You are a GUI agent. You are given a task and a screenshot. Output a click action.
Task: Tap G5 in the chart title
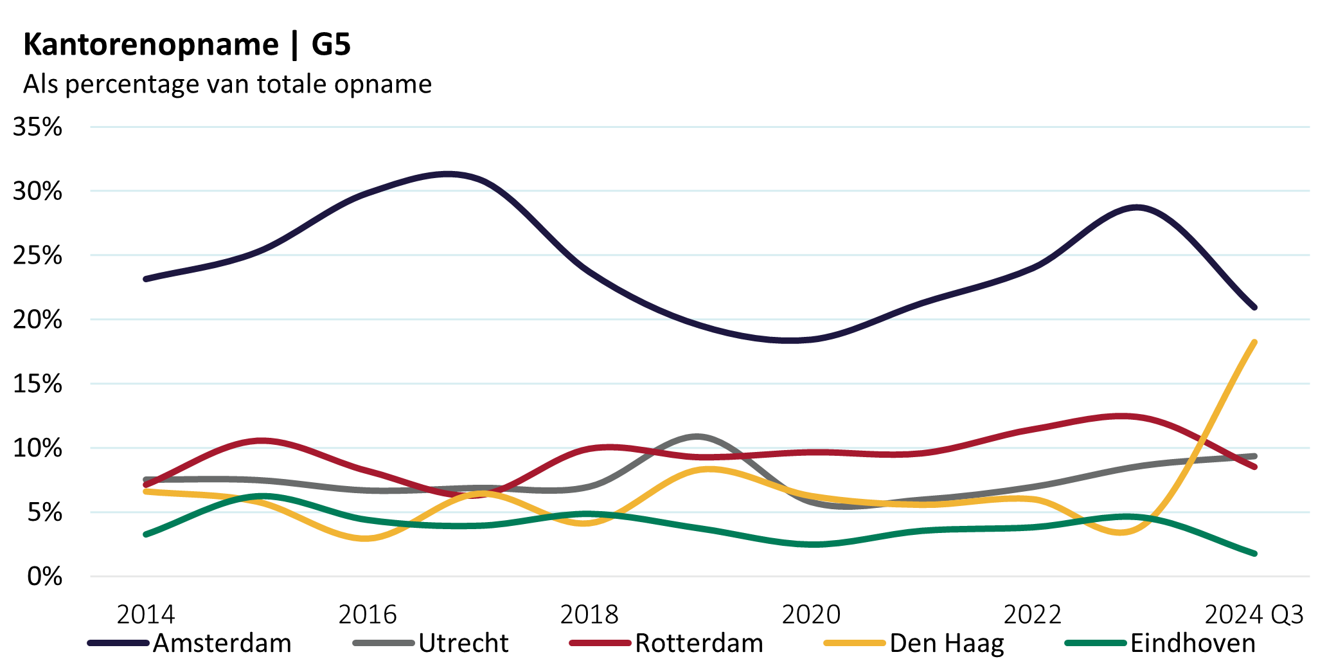pos(331,45)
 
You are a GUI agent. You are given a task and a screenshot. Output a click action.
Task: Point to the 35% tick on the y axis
pos(38,127)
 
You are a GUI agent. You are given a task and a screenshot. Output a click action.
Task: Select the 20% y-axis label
pos(38,320)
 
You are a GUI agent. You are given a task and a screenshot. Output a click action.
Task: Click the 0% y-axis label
pos(44,577)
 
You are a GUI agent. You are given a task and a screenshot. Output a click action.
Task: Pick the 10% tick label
pos(38,448)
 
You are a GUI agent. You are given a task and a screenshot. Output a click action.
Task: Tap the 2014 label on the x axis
pos(146,615)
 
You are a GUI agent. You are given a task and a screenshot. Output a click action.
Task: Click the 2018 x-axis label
pos(589,615)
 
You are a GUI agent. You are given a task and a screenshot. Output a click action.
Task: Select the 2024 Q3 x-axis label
pos(1254,615)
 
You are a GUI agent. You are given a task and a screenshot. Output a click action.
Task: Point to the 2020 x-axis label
pos(811,615)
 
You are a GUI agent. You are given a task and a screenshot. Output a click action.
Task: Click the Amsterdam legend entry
pos(222,643)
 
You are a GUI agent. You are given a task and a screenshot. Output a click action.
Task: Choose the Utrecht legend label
pos(463,643)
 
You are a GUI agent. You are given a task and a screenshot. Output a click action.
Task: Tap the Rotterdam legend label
pos(699,643)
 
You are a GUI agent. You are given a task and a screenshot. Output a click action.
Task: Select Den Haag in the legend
pos(947,643)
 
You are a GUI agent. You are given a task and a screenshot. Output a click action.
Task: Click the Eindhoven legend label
pos(1193,643)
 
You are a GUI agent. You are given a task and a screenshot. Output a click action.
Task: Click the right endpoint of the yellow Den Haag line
pos(1254,343)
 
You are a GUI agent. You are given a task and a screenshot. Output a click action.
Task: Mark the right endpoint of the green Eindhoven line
pos(1254,554)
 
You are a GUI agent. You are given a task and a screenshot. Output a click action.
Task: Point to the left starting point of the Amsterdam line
pos(146,279)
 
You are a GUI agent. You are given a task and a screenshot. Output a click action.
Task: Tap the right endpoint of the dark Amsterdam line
pos(1254,307)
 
